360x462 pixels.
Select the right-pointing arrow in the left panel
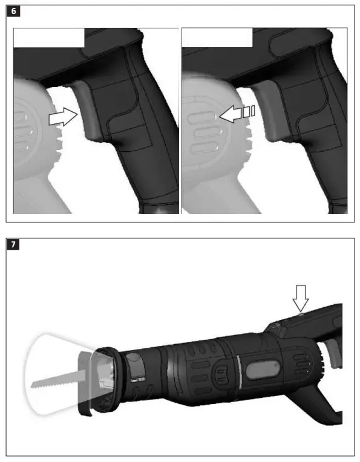62,118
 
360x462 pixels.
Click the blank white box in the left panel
49,37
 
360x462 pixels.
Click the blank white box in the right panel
217,37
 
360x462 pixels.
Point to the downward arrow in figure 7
301,300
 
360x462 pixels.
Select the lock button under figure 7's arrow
300,314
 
